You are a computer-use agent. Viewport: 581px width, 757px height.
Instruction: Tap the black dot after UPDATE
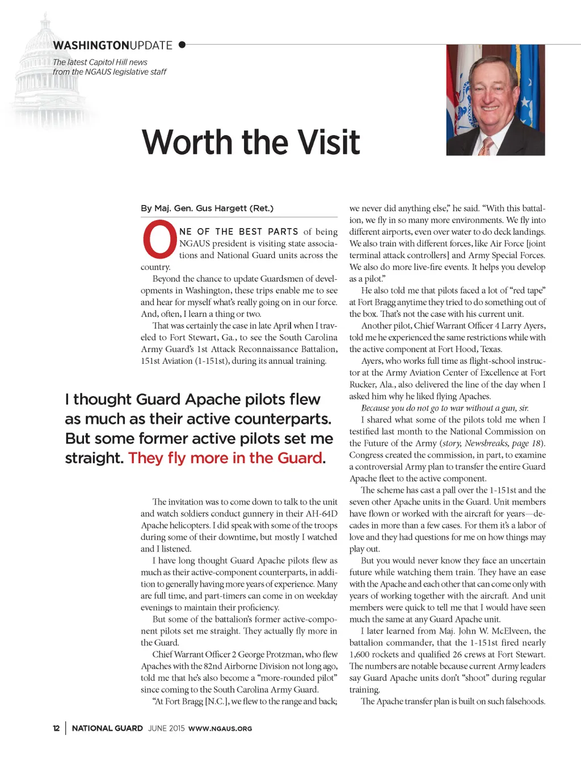click(x=182, y=44)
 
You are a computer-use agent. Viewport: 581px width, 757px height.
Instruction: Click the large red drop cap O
click(x=159, y=240)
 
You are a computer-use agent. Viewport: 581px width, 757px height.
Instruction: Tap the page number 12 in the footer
click(x=56, y=728)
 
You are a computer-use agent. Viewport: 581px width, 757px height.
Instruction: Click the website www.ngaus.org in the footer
click(x=220, y=729)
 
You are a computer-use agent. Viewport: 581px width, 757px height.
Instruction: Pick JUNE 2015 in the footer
click(x=166, y=728)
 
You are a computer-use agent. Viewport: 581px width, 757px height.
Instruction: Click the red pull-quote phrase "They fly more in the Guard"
click(x=225, y=458)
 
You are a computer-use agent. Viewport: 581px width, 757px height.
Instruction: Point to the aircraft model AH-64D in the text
click(x=321, y=514)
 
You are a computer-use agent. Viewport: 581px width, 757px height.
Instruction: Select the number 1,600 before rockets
click(x=360, y=654)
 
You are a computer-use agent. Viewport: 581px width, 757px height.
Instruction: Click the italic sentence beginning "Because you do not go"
click(x=445, y=408)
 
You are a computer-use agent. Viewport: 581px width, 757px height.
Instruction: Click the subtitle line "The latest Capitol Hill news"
click(x=100, y=62)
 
